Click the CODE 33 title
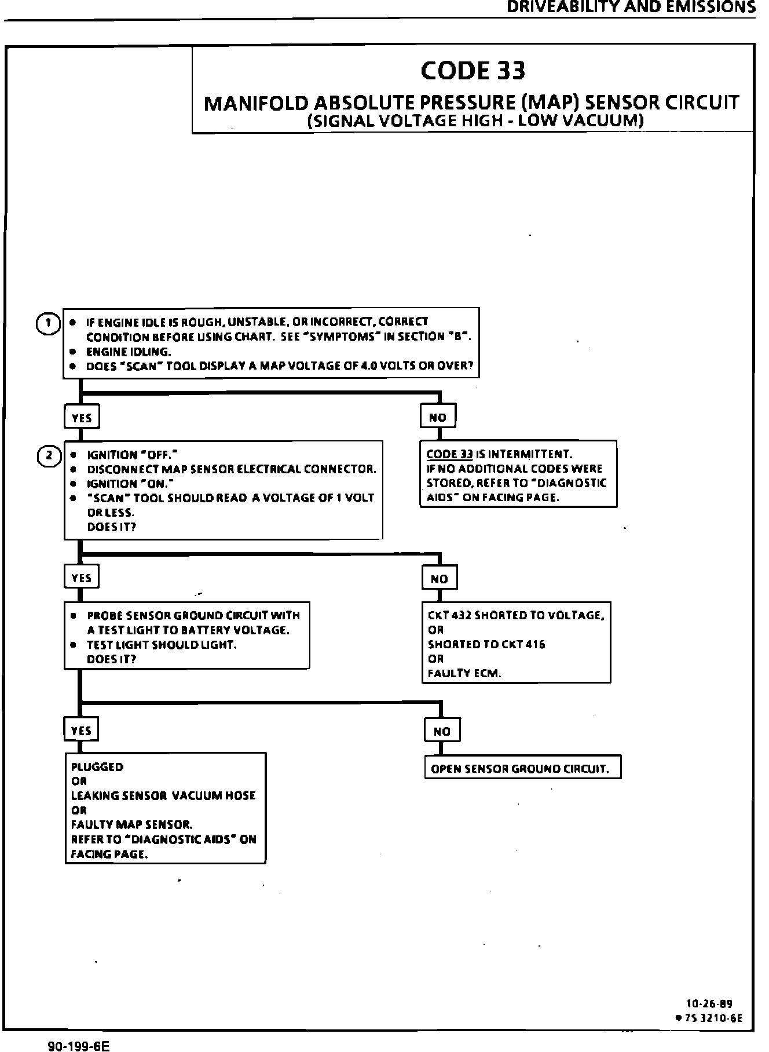473,71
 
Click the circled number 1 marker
48,323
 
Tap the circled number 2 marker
49,456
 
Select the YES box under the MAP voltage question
82,417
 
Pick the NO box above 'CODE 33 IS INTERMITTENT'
438,417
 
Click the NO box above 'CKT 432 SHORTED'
440,578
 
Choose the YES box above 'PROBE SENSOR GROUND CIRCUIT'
82,578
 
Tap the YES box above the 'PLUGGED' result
81,730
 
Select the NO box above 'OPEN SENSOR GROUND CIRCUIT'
442,731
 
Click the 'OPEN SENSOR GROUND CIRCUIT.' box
522,769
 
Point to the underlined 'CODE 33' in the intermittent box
450,454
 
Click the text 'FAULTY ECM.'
464,673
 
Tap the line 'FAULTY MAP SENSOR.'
131,824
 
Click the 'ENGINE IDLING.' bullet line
129,352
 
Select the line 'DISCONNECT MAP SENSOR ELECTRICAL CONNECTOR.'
232,469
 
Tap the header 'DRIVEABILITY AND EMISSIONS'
631,7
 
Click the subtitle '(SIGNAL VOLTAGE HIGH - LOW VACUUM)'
475,120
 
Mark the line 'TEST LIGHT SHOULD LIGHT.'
162,645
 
